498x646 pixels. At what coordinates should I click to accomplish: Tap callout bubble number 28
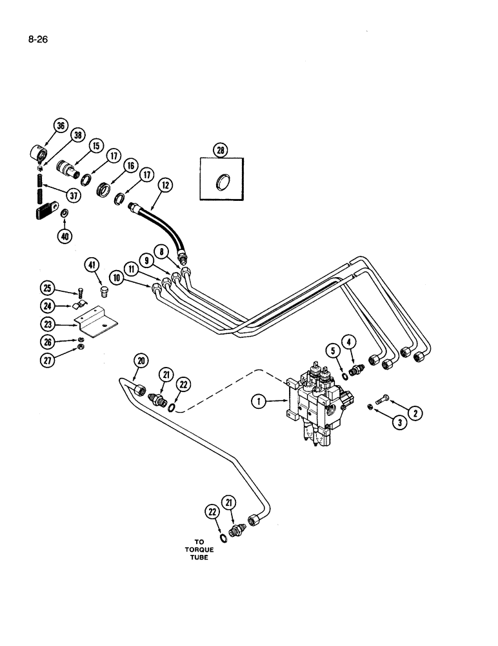click(221, 151)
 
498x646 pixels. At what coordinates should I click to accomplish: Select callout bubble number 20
click(141, 361)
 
